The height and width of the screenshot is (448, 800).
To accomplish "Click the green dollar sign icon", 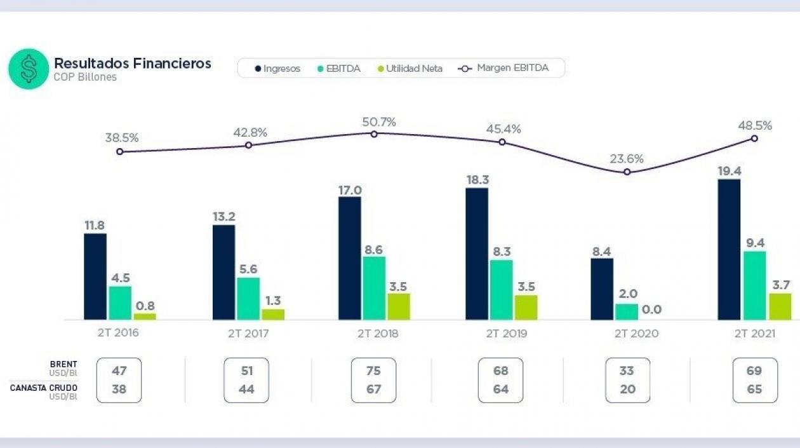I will pyautogui.click(x=29, y=69).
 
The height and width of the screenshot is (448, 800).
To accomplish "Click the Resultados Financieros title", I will pyautogui.click(x=132, y=64).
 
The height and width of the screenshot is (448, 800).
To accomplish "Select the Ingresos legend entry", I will pyautogui.click(x=277, y=69).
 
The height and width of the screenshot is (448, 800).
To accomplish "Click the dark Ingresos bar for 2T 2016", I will pyautogui.click(x=95, y=276).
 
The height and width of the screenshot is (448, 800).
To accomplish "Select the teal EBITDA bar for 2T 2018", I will pyautogui.click(x=374, y=288).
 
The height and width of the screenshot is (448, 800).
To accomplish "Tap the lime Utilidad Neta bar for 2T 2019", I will pyautogui.click(x=526, y=308).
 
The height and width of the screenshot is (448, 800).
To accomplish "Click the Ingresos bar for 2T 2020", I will pyautogui.click(x=602, y=289).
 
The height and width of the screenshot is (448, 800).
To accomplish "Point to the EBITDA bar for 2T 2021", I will pyautogui.click(x=754, y=285).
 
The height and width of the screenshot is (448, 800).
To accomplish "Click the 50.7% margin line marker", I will pyautogui.click(x=374, y=134).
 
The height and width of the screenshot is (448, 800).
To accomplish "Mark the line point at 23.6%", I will pyautogui.click(x=627, y=172).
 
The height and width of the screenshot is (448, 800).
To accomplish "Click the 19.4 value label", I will pyautogui.click(x=730, y=171).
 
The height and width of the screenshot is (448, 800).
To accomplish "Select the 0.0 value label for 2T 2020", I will pyautogui.click(x=651, y=310).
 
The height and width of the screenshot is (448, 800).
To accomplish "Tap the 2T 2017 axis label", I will pyautogui.click(x=248, y=333).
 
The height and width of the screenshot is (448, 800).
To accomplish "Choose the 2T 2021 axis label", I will pyautogui.click(x=754, y=333).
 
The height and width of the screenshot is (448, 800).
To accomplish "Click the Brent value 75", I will pyautogui.click(x=373, y=371).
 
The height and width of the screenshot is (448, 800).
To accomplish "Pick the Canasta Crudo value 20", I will pyautogui.click(x=627, y=390).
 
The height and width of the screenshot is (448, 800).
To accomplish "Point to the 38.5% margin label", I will pyautogui.click(x=122, y=137).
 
